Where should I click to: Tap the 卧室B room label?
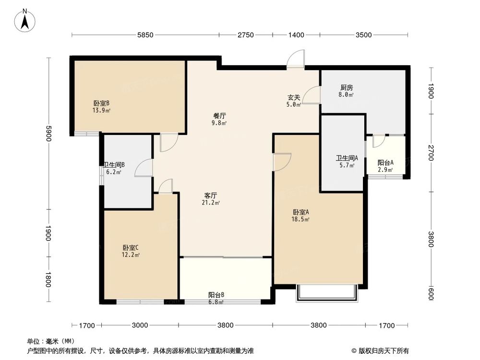point(102,103)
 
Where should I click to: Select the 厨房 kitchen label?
point(347,88)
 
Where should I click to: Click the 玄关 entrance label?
point(294,97)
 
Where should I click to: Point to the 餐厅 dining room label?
point(220,116)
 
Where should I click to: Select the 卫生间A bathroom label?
point(347,159)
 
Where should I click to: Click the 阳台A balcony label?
point(385,163)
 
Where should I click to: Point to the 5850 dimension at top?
point(145,35)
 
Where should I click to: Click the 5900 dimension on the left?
point(48,133)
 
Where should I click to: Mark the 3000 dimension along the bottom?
point(140,325)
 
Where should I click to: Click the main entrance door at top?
point(296,60)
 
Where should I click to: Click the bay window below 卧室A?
point(327,293)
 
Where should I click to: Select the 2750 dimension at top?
point(246,35)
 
